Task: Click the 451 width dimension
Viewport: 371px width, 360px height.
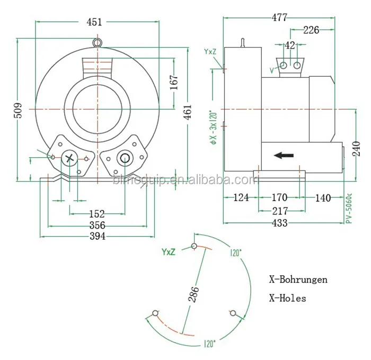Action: coord(95,22)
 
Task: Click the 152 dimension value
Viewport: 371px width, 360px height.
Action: coord(96,214)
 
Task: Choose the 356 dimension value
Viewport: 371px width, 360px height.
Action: coord(96,225)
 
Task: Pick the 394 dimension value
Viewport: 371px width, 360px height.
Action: coord(96,236)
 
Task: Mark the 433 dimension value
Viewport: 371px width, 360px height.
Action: coord(279,223)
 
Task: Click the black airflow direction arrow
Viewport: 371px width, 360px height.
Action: coord(284,156)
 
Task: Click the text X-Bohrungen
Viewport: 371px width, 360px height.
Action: coord(298,280)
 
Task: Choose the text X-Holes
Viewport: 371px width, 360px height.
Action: coord(287,298)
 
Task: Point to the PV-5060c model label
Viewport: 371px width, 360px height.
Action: coord(349,210)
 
